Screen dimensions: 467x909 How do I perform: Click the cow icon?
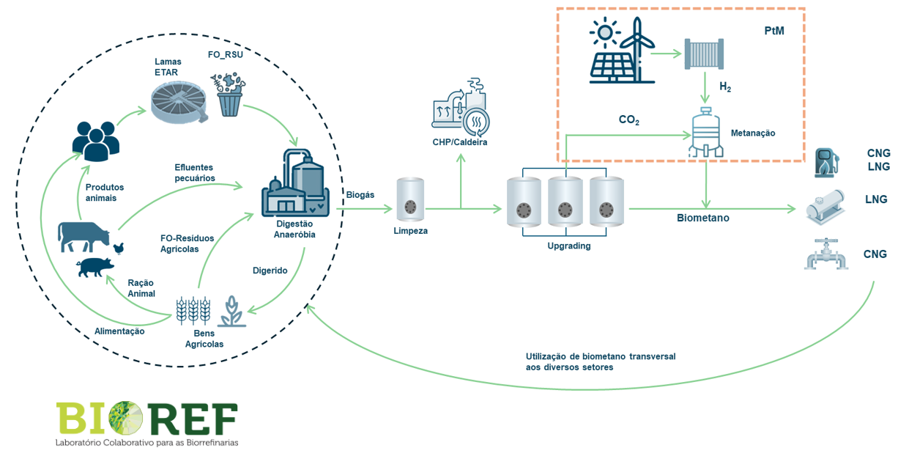[x=84, y=236]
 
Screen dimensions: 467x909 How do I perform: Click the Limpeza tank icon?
[x=409, y=199]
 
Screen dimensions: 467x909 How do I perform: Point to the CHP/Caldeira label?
[x=459, y=142]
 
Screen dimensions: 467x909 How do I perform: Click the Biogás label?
[x=360, y=195]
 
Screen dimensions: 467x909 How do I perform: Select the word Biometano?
[x=702, y=218]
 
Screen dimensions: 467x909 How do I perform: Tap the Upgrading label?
[x=568, y=246]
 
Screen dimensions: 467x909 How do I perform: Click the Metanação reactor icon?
[x=706, y=132]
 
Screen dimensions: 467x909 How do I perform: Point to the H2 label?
[x=724, y=87]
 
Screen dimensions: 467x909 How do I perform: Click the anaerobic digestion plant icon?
[x=294, y=183]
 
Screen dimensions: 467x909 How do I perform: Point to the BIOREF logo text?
[x=146, y=419]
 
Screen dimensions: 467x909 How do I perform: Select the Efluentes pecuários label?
[x=195, y=172]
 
